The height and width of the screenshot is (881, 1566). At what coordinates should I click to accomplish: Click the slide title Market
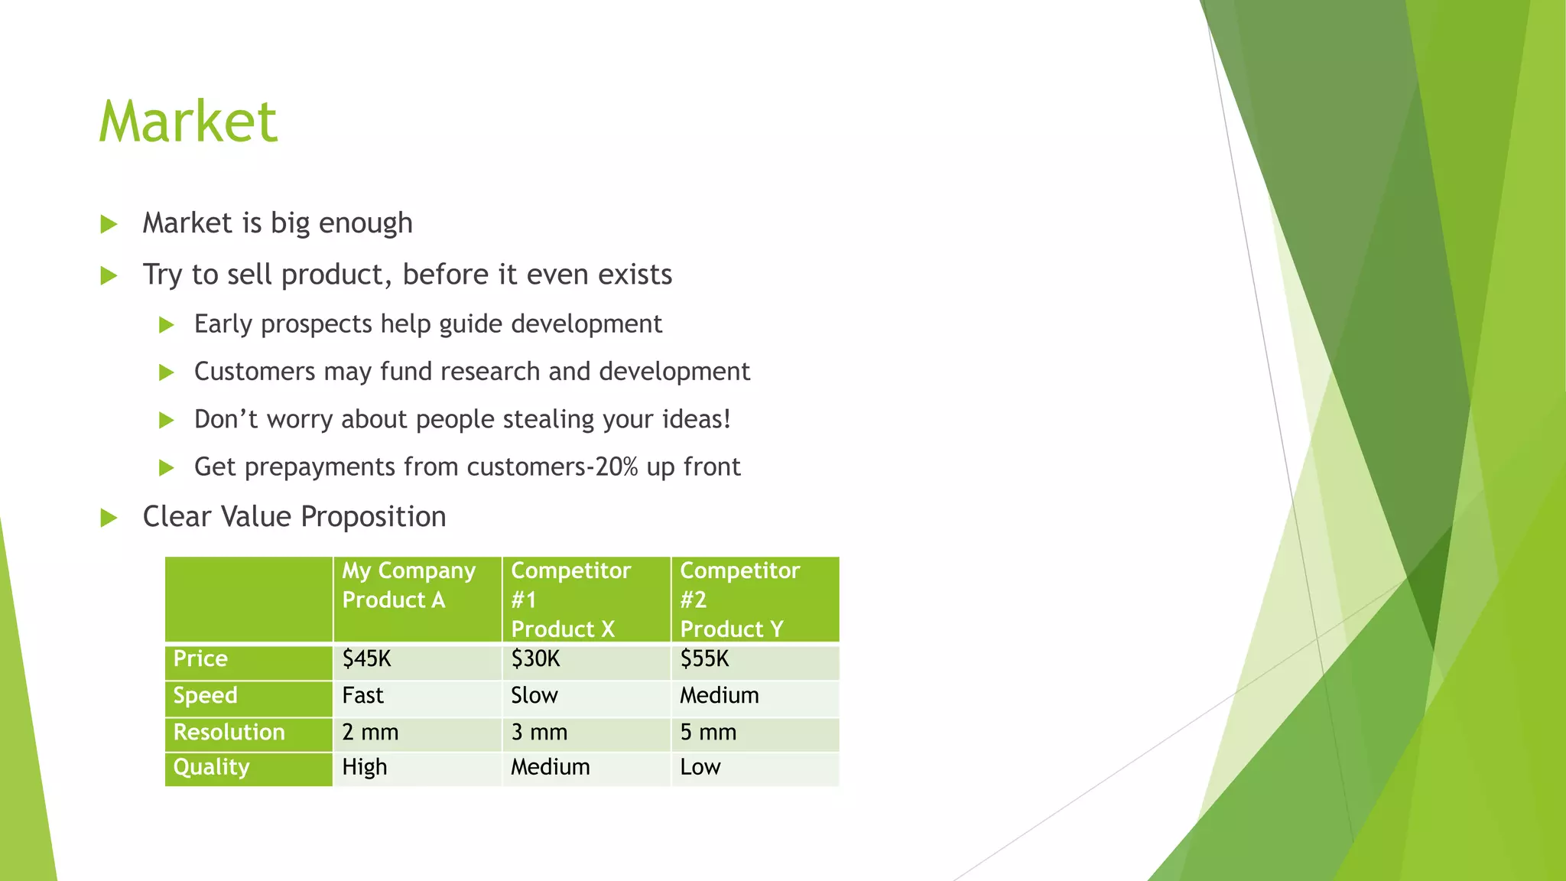click(188, 122)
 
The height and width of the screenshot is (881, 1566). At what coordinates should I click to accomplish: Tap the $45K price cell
click(367, 659)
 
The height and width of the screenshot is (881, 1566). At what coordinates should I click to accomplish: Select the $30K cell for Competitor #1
click(536, 659)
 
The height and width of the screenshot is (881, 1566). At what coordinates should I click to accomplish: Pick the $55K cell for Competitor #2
click(705, 659)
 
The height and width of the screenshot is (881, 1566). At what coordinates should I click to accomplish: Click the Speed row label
click(206, 696)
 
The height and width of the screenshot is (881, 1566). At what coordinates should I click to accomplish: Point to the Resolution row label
click(229, 733)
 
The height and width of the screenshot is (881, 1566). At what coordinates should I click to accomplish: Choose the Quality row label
click(212, 768)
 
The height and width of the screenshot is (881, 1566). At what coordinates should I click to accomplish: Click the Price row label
click(200, 659)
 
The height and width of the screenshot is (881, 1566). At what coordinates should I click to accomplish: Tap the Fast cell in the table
click(363, 696)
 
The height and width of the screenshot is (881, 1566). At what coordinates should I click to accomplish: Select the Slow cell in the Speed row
click(534, 696)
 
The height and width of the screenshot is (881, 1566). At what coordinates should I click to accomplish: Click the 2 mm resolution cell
click(371, 733)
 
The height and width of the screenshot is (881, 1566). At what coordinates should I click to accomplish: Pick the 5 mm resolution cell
click(709, 733)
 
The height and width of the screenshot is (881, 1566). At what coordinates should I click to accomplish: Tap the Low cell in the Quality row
click(700, 768)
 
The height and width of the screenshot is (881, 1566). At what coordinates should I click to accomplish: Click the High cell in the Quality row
click(365, 768)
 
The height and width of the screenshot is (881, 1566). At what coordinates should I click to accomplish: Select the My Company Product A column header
click(409, 585)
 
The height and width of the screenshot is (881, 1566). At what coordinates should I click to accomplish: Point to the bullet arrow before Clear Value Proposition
click(109, 519)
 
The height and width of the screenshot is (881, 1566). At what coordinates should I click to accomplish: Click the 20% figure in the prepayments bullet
click(616, 467)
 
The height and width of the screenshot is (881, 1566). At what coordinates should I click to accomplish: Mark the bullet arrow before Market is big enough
click(109, 224)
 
